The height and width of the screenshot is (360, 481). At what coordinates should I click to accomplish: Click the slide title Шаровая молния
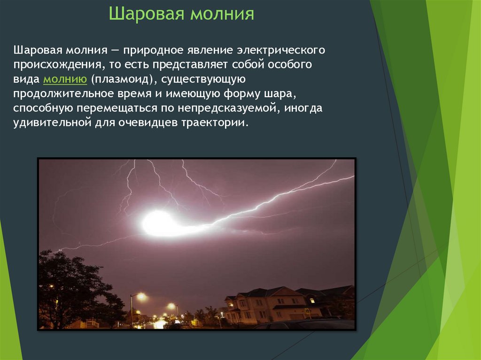[182, 14]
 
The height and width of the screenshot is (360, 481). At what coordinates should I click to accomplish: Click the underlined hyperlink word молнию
[65, 79]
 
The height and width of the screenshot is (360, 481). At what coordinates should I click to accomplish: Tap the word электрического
[281, 50]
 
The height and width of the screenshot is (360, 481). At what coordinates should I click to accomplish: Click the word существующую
[203, 79]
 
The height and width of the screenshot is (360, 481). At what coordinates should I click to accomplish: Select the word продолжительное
[63, 93]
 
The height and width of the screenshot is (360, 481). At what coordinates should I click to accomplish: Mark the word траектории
[214, 123]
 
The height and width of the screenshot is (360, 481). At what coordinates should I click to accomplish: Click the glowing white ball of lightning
[160, 223]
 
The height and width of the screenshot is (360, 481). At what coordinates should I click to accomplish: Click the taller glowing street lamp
[141, 297]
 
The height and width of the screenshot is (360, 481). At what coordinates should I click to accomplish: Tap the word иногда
[303, 108]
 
